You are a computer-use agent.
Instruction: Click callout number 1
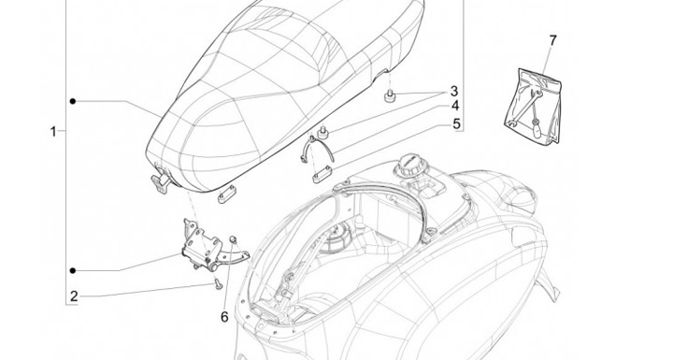(x=53, y=132)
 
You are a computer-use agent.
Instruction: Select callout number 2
(x=74, y=296)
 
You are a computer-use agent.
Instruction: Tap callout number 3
(x=454, y=92)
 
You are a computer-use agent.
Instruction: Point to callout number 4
(x=455, y=106)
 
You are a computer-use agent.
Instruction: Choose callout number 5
(x=456, y=123)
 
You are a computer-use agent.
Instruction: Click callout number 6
(x=224, y=317)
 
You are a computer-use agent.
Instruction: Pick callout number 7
(x=552, y=41)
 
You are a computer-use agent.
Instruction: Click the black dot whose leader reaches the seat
(x=73, y=101)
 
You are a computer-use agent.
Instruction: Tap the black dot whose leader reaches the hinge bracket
(x=73, y=270)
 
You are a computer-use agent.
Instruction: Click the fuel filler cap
(x=409, y=164)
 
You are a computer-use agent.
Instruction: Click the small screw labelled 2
(x=218, y=284)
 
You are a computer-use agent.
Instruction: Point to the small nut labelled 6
(x=234, y=238)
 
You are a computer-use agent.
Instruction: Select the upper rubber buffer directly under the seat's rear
(x=390, y=96)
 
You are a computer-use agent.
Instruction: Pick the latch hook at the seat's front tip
(x=161, y=183)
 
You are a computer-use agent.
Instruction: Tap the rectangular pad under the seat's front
(x=227, y=195)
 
